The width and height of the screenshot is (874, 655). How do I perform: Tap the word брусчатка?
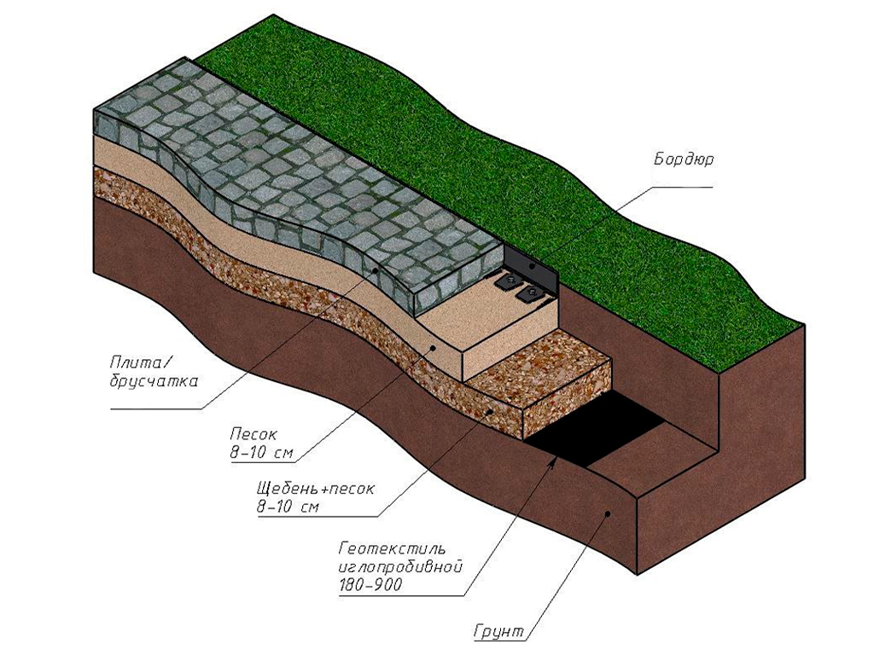(x=154, y=381)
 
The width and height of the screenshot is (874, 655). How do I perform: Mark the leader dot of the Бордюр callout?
(x=532, y=266)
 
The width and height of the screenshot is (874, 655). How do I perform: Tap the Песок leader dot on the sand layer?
(x=434, y=347)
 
